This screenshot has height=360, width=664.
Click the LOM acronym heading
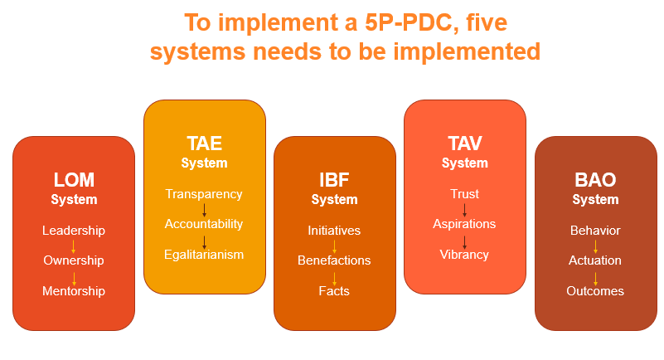[x=74, y=180]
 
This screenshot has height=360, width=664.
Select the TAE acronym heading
[x=205, y=144]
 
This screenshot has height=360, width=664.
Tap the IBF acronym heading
[x=334, y=180]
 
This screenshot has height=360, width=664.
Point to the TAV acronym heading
[x=465, y=144]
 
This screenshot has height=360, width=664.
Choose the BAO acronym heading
[x=595, y=180]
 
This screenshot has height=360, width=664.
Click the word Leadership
[x=74, y=231]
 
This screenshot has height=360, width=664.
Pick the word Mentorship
[x=74, y=291]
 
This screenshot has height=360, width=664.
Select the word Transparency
[x=204, y=194]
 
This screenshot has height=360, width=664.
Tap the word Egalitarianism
[x=204, y=255]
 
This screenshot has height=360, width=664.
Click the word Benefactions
[x=334, y=260]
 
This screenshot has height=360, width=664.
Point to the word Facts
[x=334, y=291]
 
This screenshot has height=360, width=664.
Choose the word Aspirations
[x=464, y=224]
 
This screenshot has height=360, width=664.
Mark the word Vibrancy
[x=464, y=255]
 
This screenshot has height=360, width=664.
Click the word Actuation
[x=595, y=260]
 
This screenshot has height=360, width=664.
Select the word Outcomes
[x=595, y=291]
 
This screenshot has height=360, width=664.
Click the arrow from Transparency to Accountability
[x=204, y=210]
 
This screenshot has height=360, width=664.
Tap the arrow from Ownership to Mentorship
[x=74, y=279]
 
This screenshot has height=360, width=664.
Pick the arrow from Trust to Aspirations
[x=464, y=210]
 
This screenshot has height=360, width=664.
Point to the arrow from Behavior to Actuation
[x=595, y=246]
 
